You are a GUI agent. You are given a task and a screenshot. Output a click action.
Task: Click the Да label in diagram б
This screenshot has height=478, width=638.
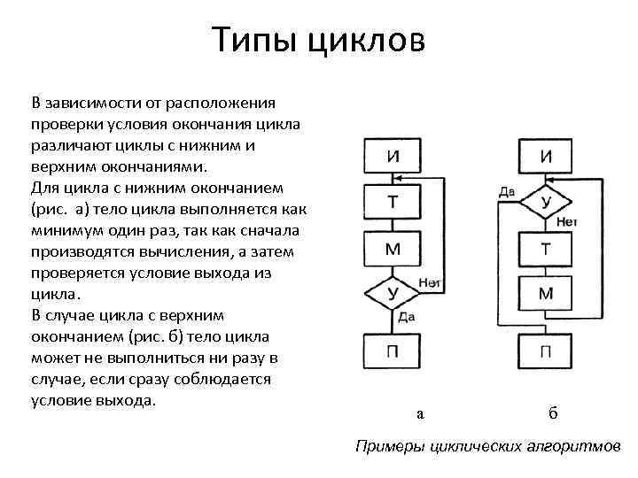(507, 190)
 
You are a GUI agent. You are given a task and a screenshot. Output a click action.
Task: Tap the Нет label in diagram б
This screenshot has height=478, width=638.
(567, 222)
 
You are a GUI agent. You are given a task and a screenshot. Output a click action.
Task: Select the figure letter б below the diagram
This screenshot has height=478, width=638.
(553, 412)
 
